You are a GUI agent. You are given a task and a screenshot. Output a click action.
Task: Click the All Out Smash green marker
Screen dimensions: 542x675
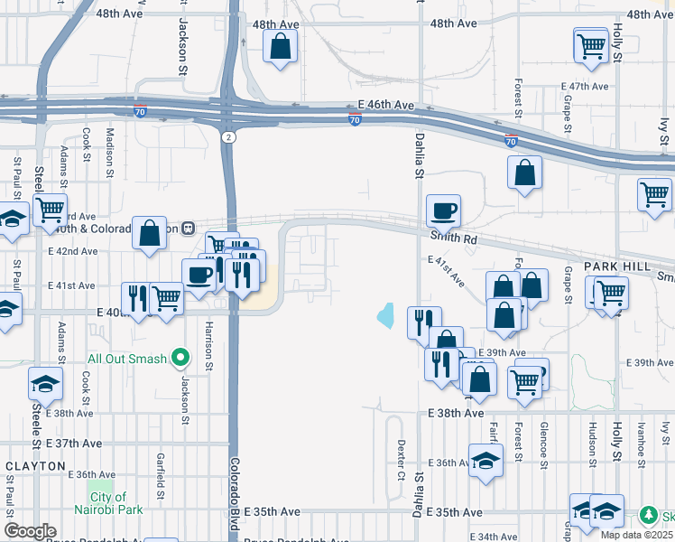(180, 359)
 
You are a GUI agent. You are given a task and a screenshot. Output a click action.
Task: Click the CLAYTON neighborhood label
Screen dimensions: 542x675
(36, 466)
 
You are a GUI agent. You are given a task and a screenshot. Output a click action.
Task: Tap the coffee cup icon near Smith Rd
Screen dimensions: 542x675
(443, 211)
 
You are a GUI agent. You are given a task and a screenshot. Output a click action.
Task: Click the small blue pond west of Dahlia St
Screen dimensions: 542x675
(386, 315)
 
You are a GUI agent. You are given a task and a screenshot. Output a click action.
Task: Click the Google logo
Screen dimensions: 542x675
(30, 531)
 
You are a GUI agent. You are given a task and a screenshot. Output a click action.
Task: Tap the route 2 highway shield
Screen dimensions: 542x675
(229, 135)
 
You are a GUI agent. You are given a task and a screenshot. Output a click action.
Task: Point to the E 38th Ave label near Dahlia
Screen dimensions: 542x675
(456, 413)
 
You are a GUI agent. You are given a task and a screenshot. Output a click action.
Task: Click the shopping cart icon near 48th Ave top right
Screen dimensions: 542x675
(590, 44)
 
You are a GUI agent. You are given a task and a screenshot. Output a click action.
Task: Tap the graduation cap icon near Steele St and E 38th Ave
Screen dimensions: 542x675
(45, 385)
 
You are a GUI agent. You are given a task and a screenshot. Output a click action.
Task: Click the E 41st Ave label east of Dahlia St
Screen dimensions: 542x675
(447, 271)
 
